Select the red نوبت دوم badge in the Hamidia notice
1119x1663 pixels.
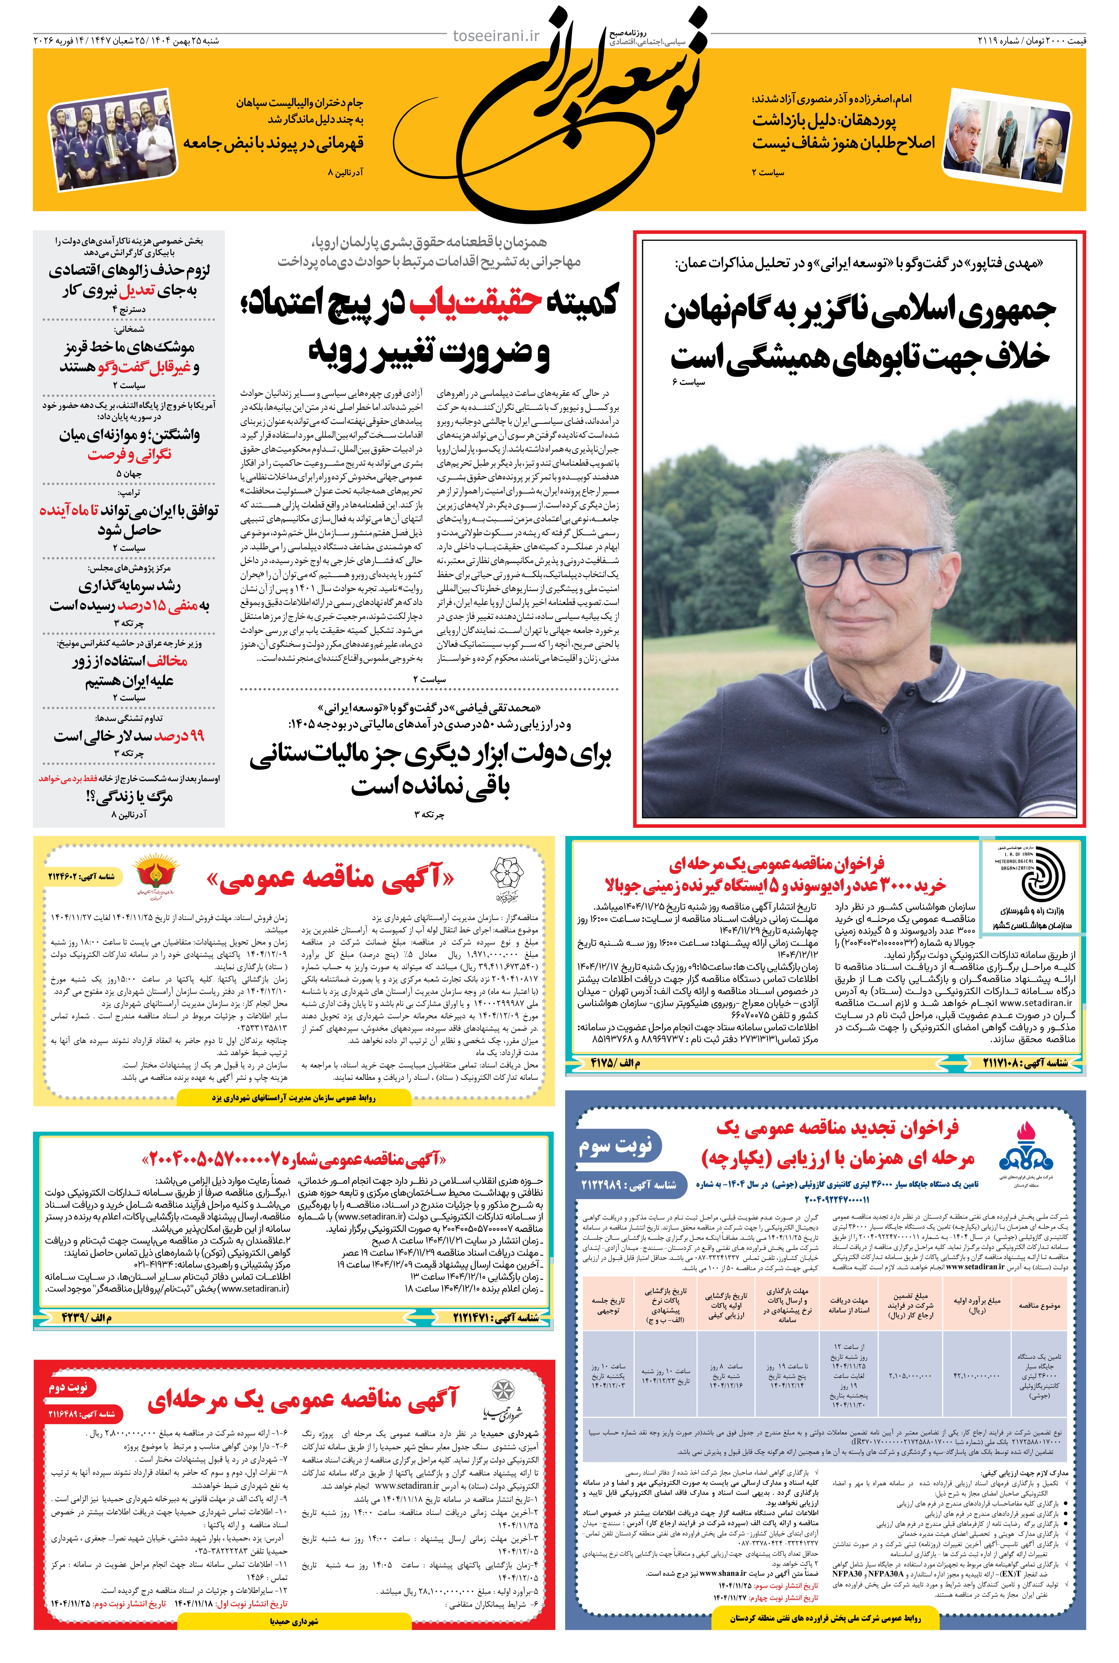pyautogui.click(x=69, y=1387)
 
